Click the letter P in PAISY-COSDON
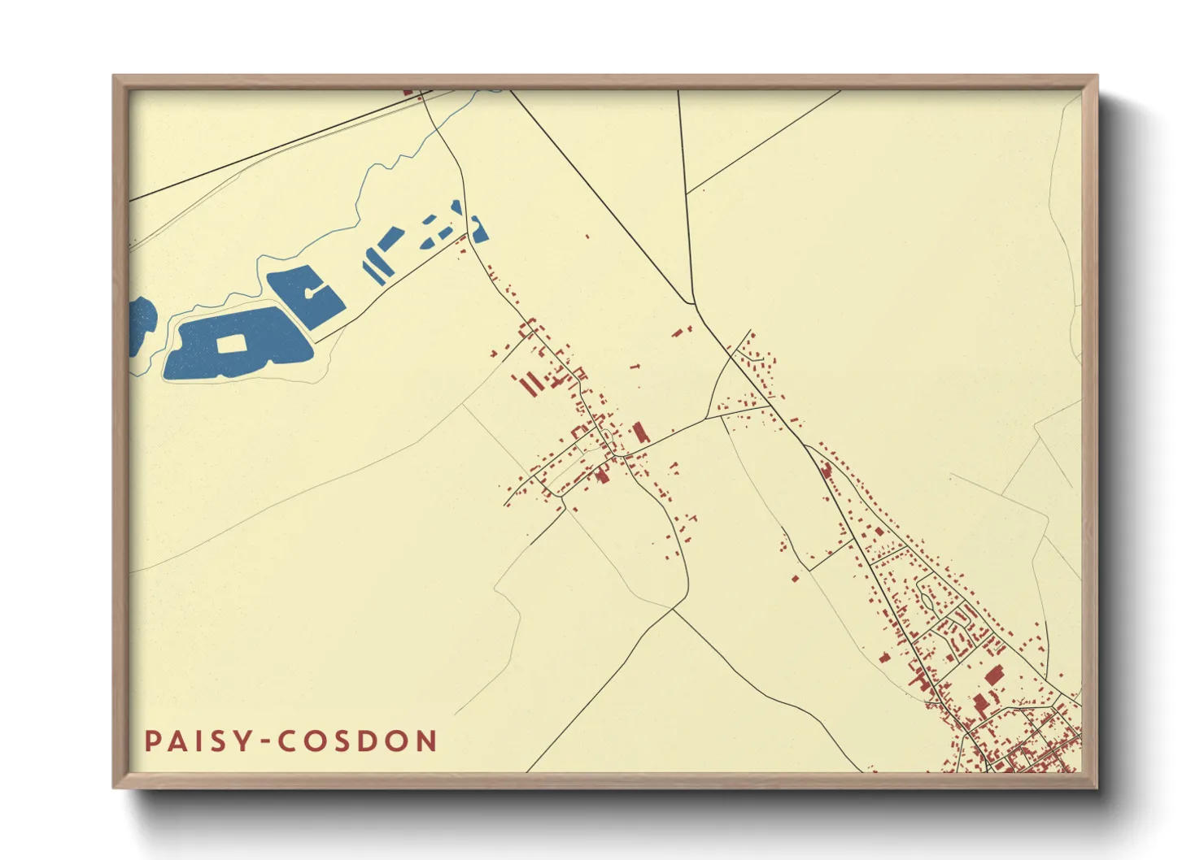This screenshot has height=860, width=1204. click(x=152, y=741)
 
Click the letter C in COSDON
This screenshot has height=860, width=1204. click(x=286, y=741)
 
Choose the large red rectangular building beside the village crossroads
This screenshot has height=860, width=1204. click(x=639, y=432)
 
